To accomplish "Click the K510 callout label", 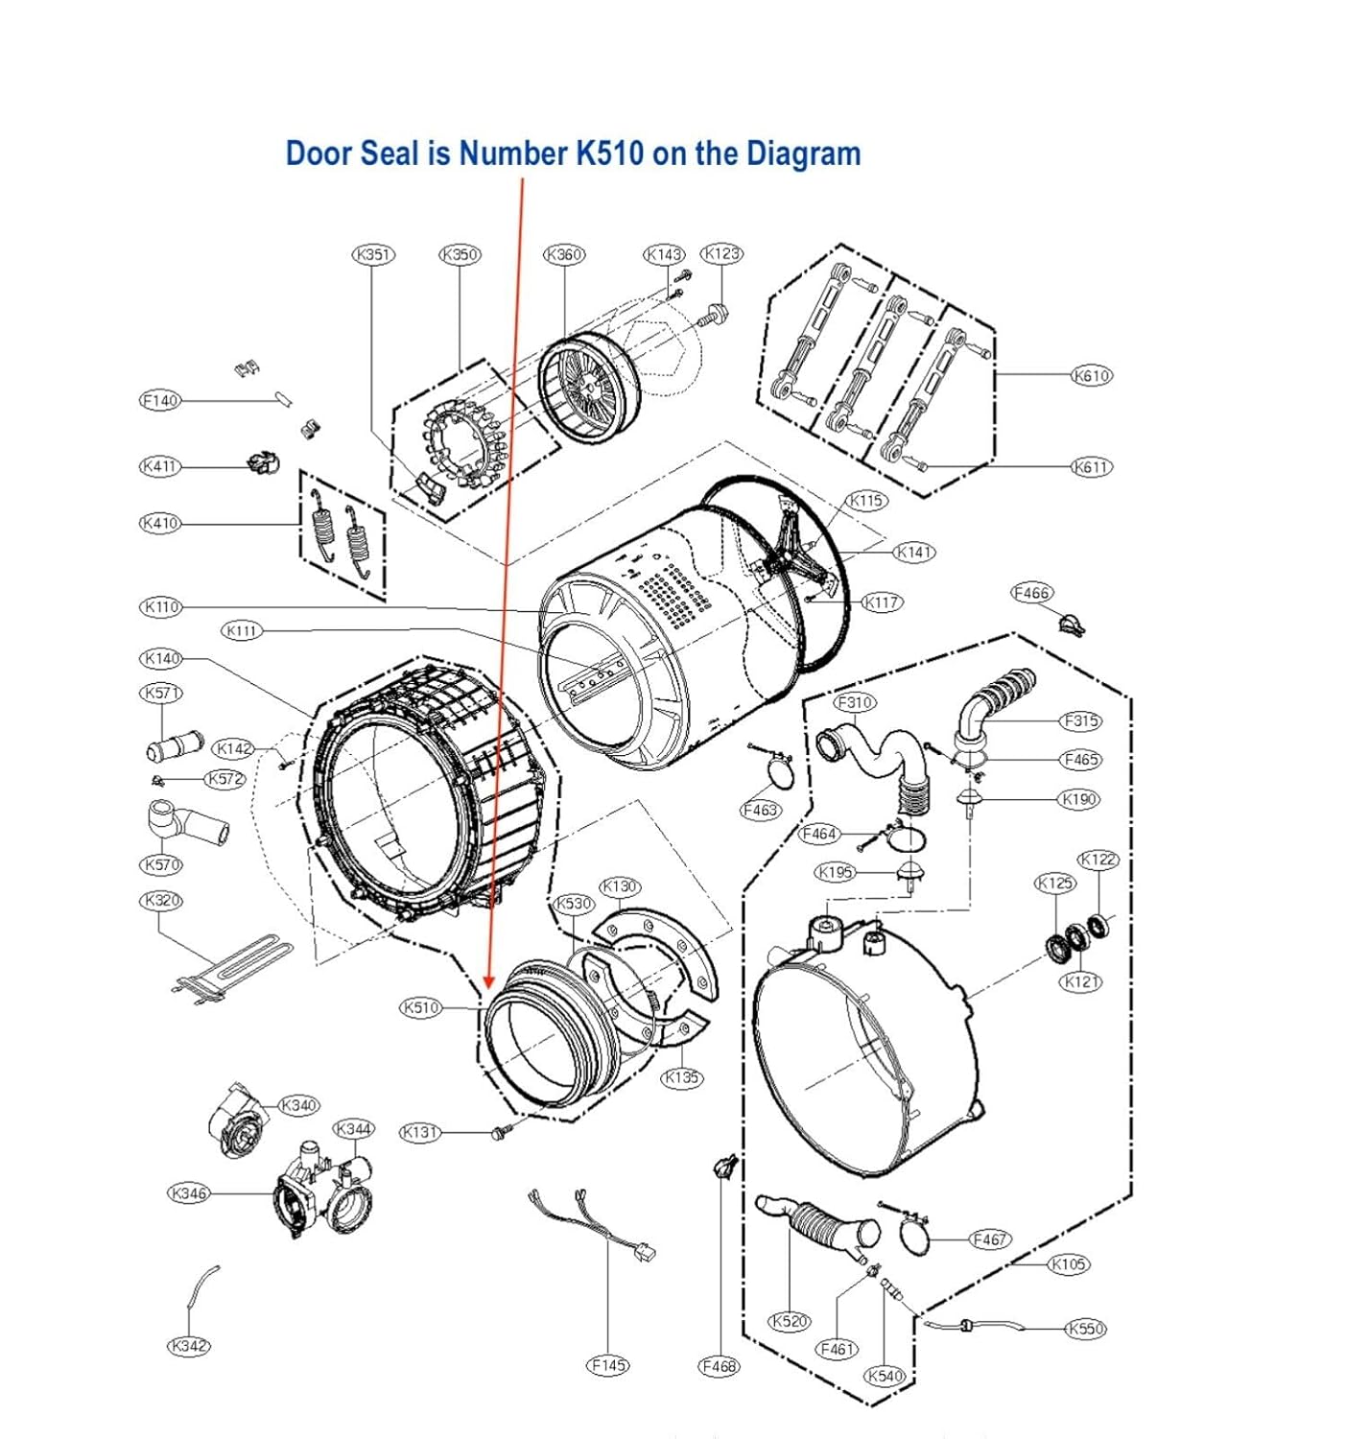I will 420,1007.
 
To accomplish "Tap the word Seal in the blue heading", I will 404,153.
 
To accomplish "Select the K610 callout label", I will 1091,375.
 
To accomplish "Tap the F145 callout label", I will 608,1364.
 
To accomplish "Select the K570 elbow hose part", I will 187,823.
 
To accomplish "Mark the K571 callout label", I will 161,693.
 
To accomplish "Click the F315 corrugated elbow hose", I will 998,705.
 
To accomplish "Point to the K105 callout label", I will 1068,1263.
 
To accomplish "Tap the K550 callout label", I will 1085,1328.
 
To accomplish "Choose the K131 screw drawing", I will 500,1134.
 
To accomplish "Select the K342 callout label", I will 188,1346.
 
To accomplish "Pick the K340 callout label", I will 298,1105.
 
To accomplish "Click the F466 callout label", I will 1031,593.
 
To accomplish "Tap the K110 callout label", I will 161,606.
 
